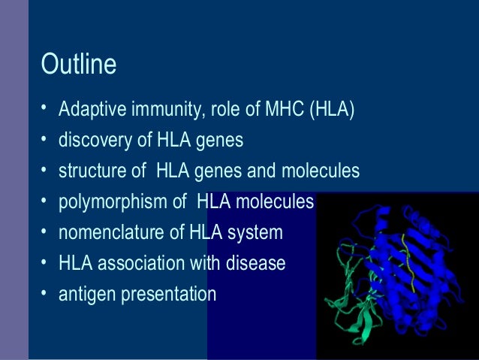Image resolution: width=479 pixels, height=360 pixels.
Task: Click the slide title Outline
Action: coord(79,65)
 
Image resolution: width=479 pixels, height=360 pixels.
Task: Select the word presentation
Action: coord(164,294)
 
